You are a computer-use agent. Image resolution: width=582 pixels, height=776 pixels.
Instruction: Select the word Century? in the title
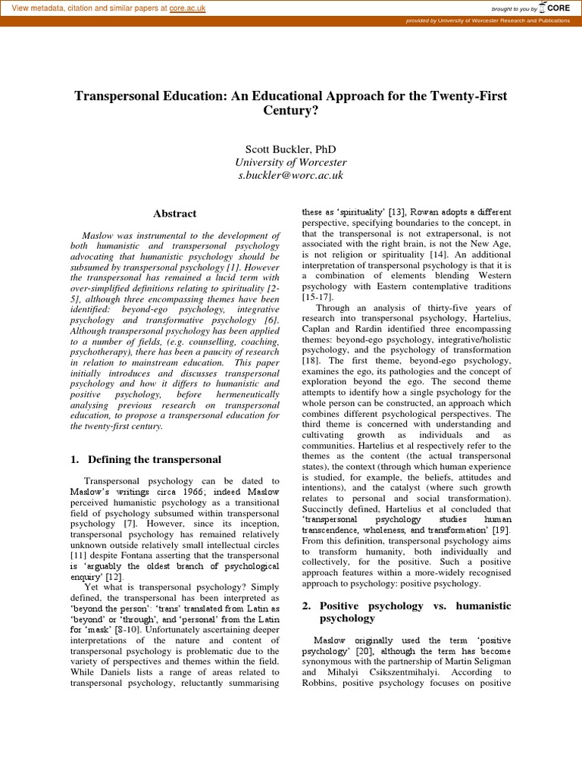(290, 111)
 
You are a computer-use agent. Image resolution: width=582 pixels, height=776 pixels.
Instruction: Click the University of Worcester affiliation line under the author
(290, 162)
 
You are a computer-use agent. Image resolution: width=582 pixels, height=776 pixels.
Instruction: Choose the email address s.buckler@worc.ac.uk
(290, 175)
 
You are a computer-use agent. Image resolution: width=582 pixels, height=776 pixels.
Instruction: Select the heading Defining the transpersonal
(155, 459)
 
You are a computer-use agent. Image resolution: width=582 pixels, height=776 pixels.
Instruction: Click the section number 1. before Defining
(75, 459)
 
